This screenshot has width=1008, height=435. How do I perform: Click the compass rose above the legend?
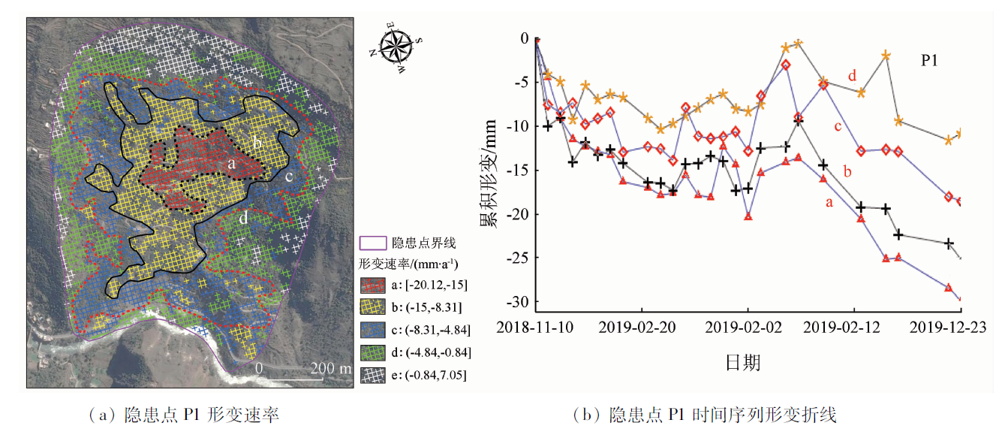(x=398, y=46)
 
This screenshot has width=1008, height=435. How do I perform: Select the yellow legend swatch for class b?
(x=372, y=308)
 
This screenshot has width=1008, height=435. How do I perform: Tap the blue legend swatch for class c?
(x=372, y=330)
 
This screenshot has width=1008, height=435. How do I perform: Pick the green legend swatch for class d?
(x=372, y=352)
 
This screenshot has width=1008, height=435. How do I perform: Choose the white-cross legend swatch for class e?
(x=372, y=373)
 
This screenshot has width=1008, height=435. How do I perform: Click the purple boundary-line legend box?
(x=372, y=243)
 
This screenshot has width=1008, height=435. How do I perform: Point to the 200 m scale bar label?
(x=331, y=369)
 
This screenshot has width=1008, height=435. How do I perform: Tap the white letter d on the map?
(x=243, y=219)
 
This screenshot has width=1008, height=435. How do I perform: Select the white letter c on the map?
(x=288, y=177)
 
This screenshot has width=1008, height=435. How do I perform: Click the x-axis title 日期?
(x=743, y=363)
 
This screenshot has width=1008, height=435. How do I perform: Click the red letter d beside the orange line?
(x=852, y=76)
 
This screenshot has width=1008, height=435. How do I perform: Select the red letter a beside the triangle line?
(x=829, y=202)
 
